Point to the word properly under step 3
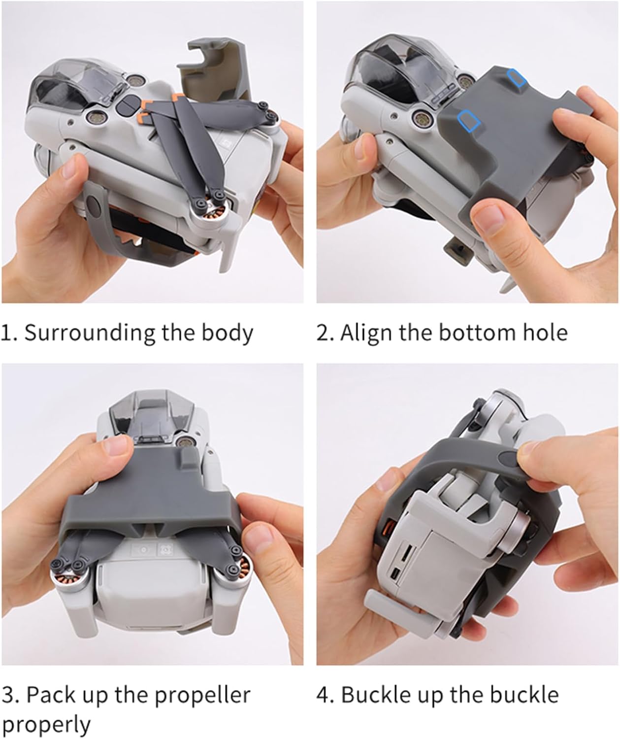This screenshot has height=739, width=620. (x=46, y=725)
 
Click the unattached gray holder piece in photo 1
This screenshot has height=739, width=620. (x=217, y=68)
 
